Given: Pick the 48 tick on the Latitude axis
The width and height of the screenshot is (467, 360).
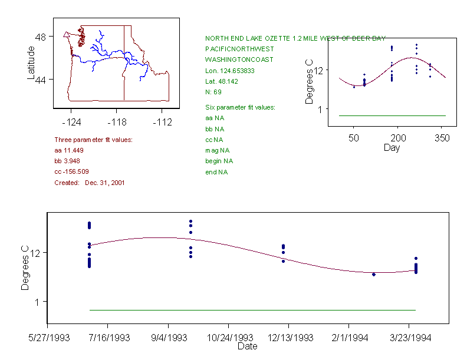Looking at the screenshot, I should [x=41, y=36].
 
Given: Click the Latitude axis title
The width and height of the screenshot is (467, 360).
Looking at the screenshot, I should [x=31, y=63].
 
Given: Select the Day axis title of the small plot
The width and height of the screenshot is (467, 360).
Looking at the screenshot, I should [x=392, y=148].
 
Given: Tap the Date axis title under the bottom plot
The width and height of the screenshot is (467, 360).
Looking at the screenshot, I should [x=248, y=346].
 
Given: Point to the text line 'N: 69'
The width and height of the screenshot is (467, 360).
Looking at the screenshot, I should [x=213, y=92].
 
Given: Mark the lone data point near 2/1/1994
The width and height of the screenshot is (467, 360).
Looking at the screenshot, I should [x=374, y=275].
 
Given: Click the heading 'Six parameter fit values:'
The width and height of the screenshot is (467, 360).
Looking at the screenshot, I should [x=240, y=107].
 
